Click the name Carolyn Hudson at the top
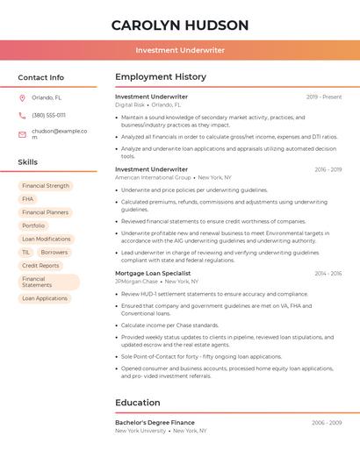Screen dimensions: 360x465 (x=180, y=25)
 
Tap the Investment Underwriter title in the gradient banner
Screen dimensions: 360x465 (x=180, y=50)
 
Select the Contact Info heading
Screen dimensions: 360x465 (x=41, y=77)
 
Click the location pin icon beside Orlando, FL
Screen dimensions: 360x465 (x=22, y=98)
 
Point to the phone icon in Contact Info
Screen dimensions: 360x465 (x=22, y=115)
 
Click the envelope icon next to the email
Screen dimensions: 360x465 (x=22, y=133)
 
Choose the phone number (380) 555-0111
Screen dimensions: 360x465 (x=48, y=115)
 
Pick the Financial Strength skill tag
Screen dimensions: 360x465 (x=46, y=186)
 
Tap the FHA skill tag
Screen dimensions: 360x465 (x=28, y=199)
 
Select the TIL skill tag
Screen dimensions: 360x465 (x=25, y=252)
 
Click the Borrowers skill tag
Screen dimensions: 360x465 (x=54, y=252)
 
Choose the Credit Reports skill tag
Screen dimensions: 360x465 (x=40, y=265)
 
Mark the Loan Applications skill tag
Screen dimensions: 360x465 (x=45, y=298)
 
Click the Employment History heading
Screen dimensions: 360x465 (x=161, y=77)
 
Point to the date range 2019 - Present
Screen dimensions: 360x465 (x=324, y=97)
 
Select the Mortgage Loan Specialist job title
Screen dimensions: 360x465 (x=153, y=273)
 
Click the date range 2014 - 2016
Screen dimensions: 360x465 (x=328, y=273)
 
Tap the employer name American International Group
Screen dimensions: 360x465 (x=153, y=177)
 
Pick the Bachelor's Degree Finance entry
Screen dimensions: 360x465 (x=155, y=422)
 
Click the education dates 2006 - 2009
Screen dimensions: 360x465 (x=327, y=422)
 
